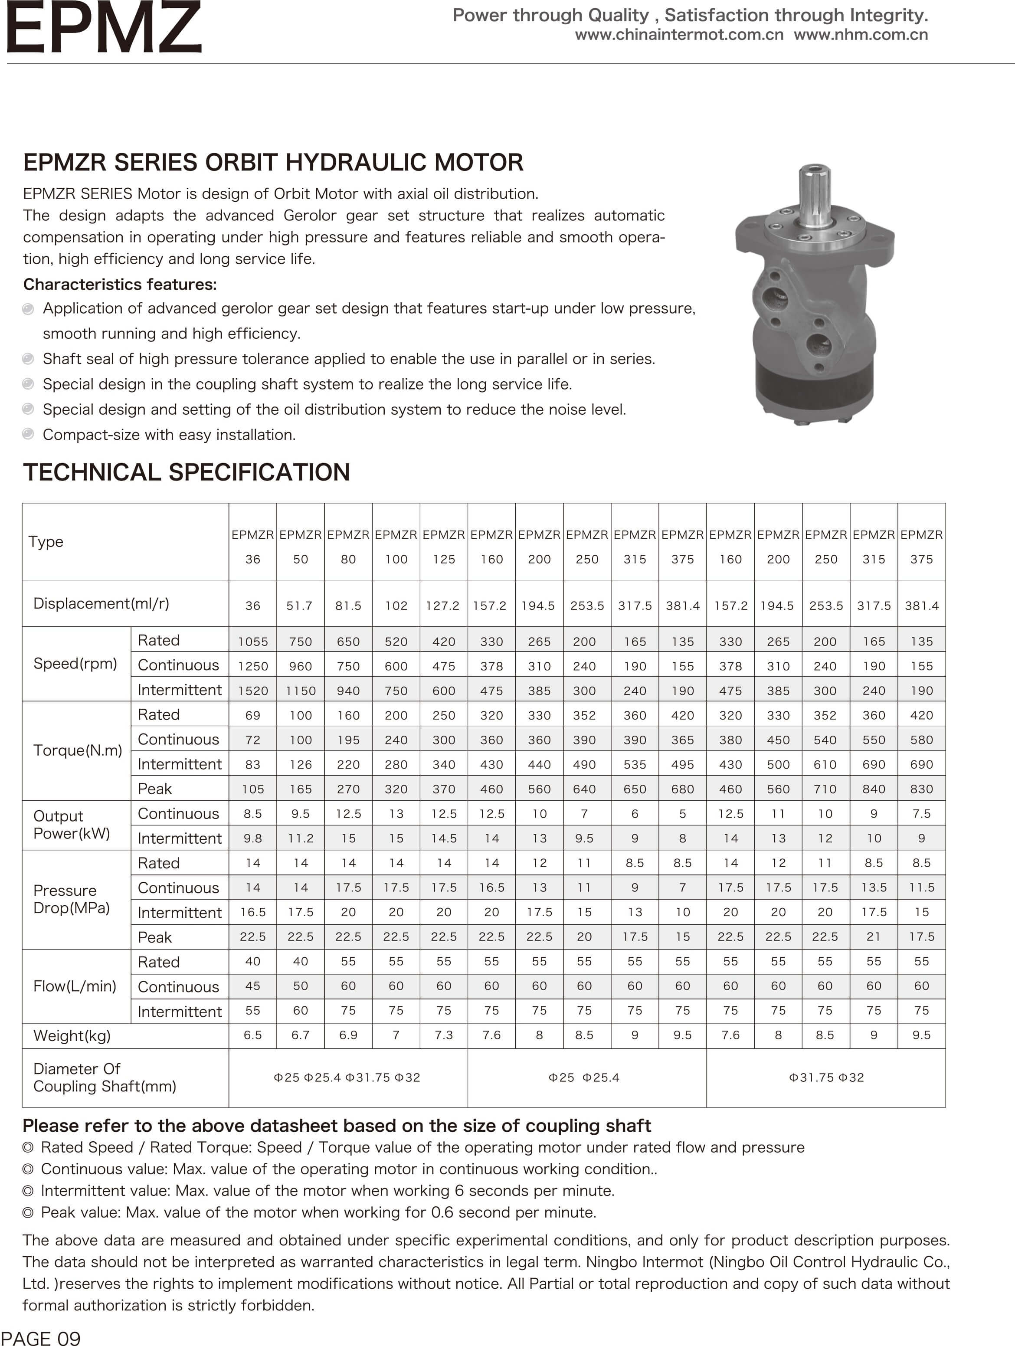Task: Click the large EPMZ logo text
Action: pos(103,27)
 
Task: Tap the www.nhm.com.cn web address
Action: pos(861,35)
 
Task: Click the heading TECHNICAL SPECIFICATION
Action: pos(186,472)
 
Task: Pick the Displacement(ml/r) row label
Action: pos(101,603)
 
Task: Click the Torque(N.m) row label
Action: pos(77,750)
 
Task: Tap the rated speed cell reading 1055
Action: pos(252,642)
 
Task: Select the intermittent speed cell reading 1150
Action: pos(301,691)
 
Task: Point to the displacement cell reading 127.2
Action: pos(442,606)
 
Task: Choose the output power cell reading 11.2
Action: pos(301,838)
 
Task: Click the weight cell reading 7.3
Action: pos(444,1035)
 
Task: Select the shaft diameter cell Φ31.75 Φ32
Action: pos(826,1077)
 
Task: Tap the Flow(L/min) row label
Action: pos(74,986)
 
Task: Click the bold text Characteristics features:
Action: pos(120,284)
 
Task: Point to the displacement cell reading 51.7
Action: pos(299,606)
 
